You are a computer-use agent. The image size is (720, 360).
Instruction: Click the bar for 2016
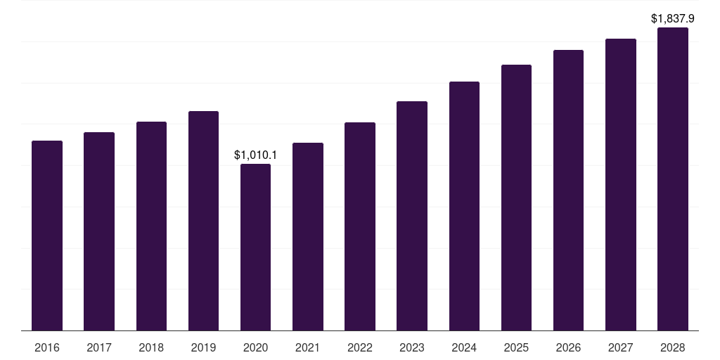(47, 236)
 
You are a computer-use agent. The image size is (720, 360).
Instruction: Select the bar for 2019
(203, 221)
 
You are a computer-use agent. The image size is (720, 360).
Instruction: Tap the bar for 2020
(255, 247)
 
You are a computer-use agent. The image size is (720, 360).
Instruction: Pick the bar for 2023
(412, 216)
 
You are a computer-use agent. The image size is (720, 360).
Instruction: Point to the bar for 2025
(516, 198)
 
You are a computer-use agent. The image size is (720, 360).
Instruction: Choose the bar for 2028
(673, 179)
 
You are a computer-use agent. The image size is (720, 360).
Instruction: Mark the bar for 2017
(98, 231)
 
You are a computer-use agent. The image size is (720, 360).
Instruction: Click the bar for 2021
(308, 236)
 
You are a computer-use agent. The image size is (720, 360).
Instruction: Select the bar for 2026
(568, 190)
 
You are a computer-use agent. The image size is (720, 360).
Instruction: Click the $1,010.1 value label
(255, 155)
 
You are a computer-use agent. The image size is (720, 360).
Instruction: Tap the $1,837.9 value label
(673, 19)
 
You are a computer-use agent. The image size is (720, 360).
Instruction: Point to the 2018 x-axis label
(151, 347)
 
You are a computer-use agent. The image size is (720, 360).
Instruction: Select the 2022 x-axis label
(359, 347)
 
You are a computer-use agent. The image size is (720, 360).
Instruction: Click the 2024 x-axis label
(464, 347)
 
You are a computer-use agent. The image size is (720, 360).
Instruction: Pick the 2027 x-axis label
(620, 347)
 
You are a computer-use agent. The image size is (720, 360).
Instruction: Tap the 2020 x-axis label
(255, 347)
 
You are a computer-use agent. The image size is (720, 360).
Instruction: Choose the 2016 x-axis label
(47, 347)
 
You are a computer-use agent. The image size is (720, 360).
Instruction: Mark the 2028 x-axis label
(673, 347)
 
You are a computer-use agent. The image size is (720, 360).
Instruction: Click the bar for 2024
(464, 206)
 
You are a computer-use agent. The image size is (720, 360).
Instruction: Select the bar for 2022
(359, 226)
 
